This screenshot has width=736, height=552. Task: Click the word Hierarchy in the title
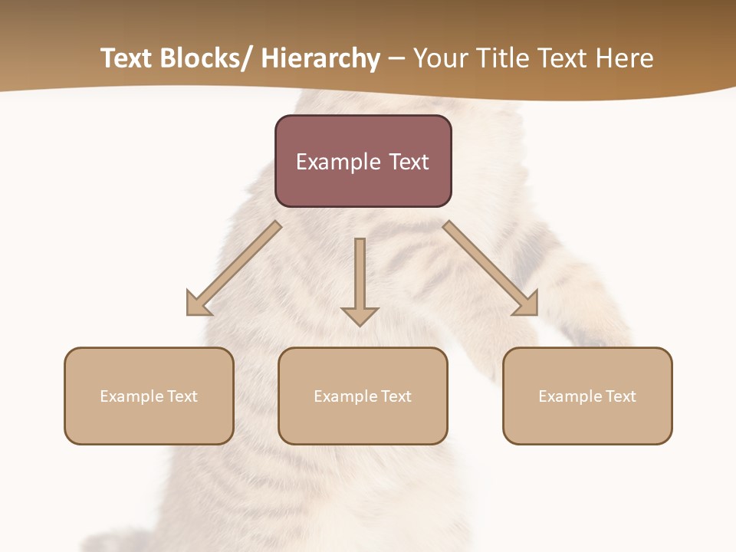320,59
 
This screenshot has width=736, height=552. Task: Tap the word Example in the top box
338,163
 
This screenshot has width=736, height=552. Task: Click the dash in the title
396,59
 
